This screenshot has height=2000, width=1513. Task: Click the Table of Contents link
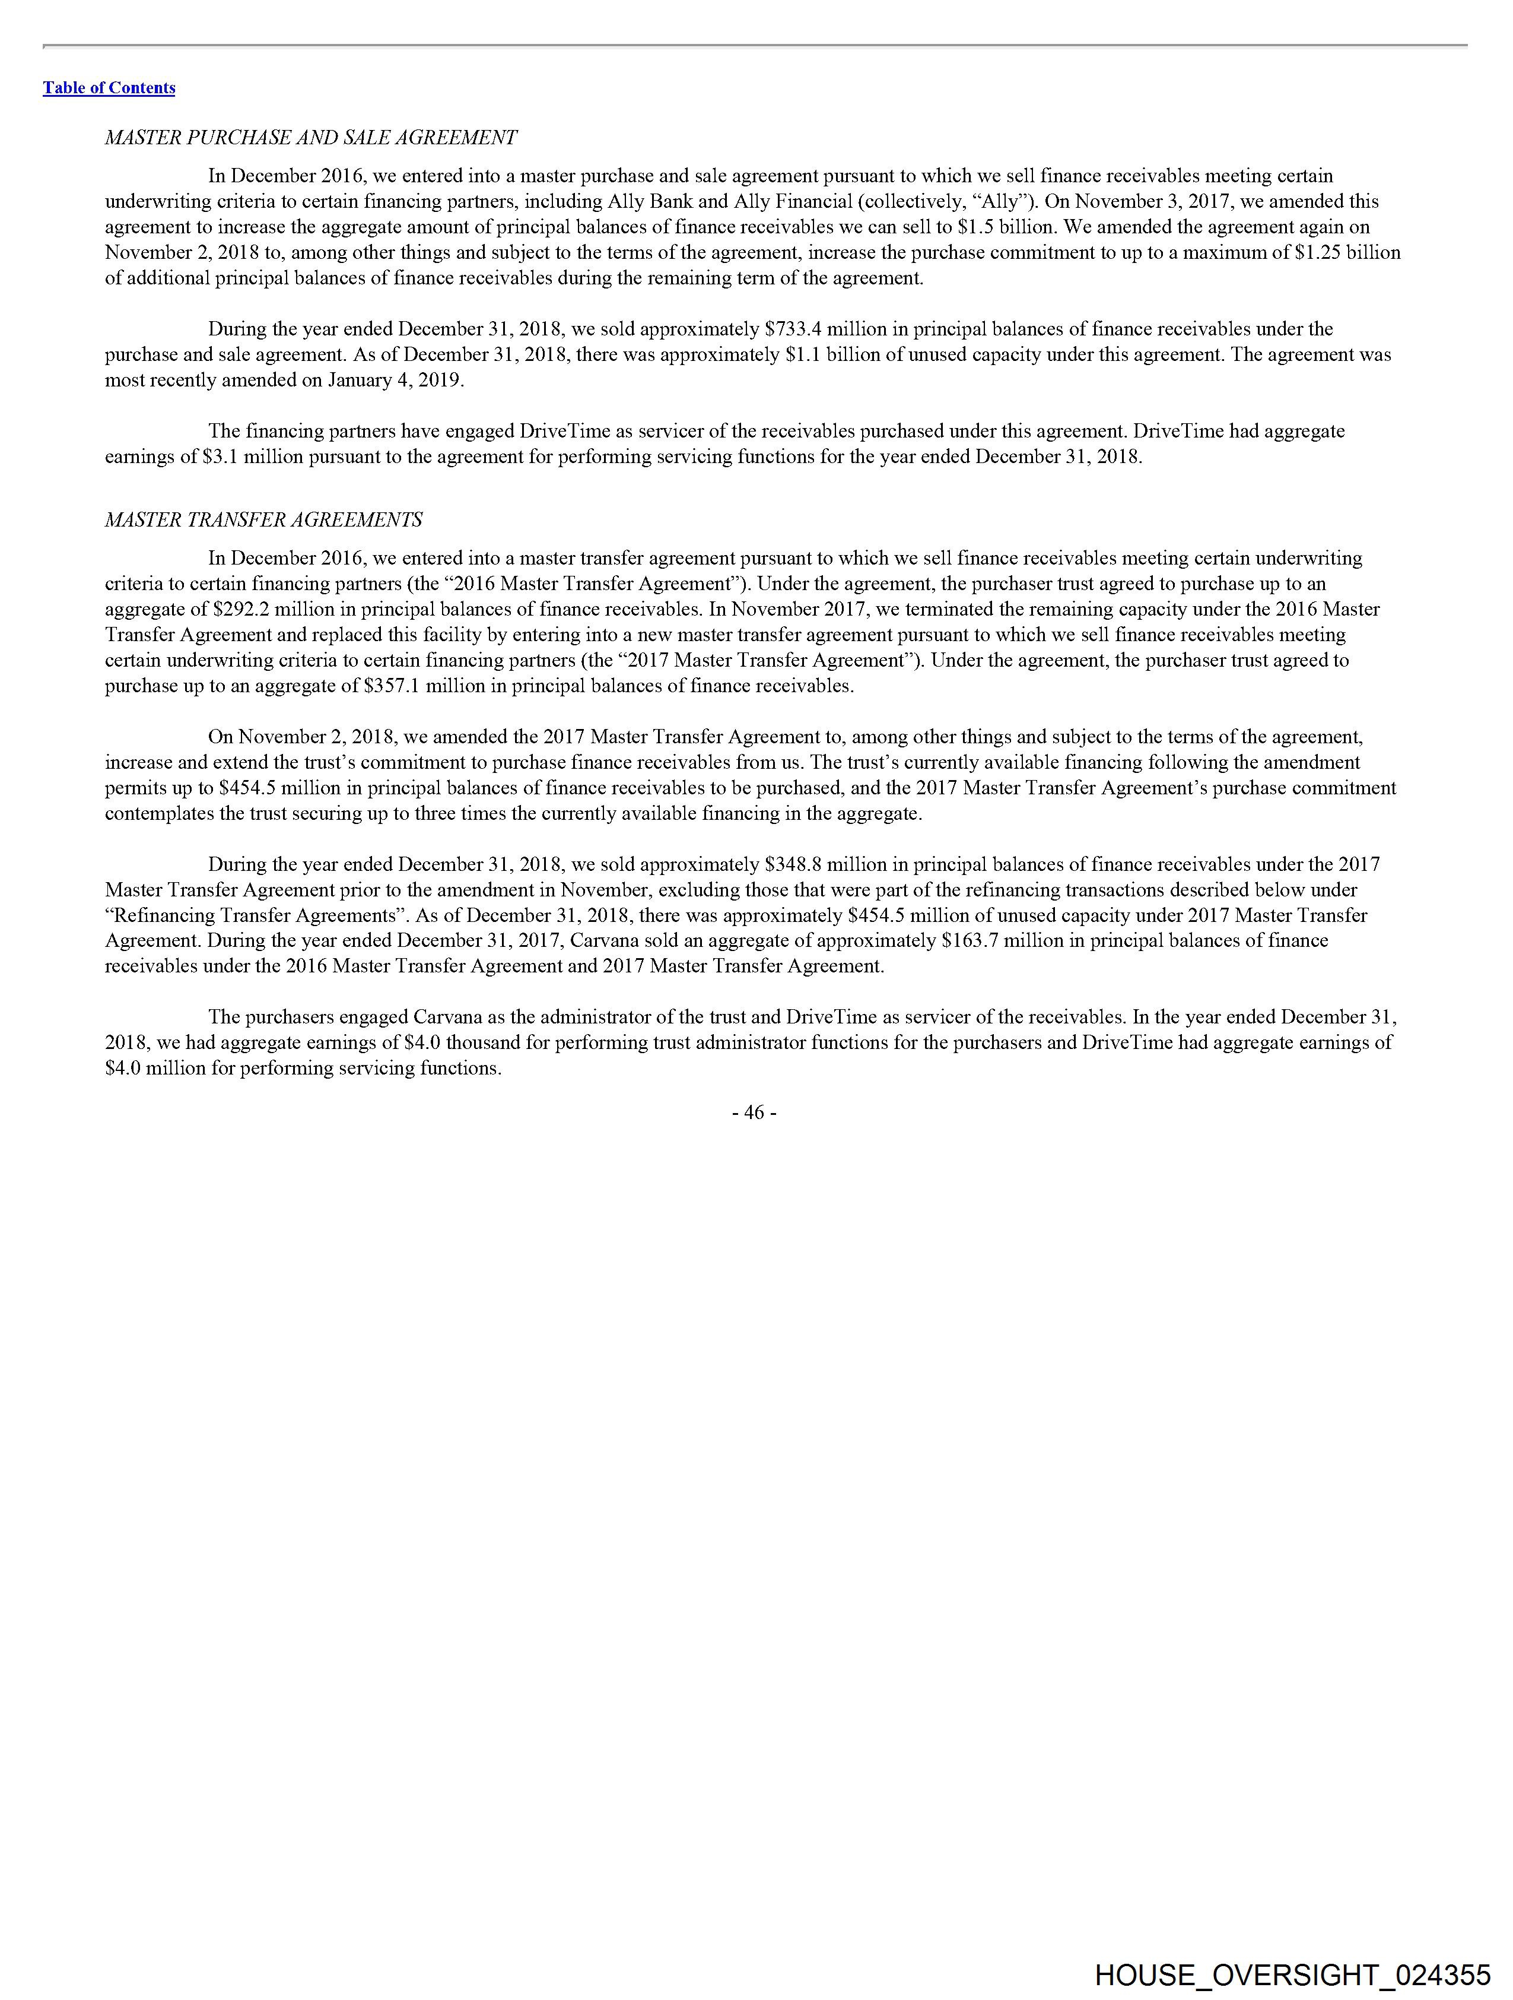[x=109, y=88]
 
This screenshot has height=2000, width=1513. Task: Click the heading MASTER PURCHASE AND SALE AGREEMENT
[x=311, y=138]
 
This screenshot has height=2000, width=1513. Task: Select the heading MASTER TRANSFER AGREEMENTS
[x=263, y=520]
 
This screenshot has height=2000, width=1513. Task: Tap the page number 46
[x=754, y=1112]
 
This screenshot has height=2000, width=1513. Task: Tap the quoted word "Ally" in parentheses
[x=1002, y=201]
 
